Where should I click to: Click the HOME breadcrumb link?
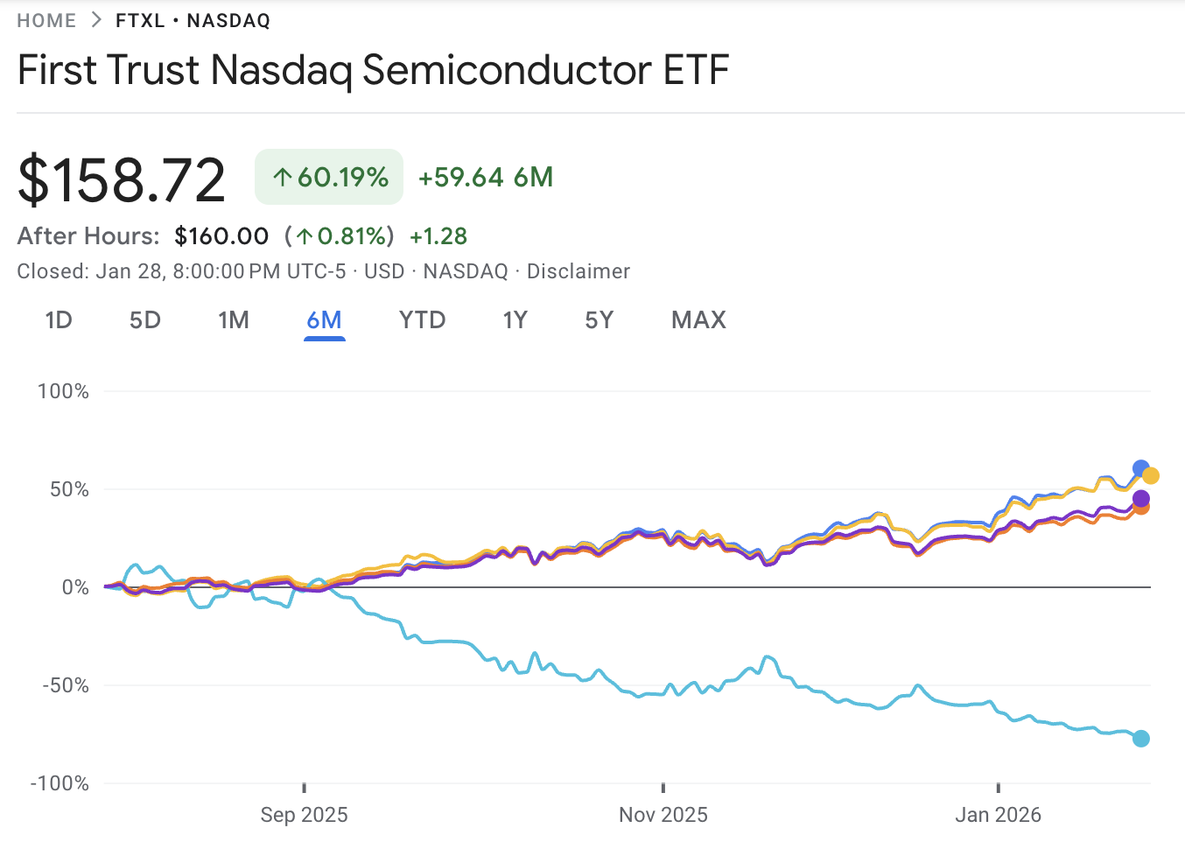coord(46,21)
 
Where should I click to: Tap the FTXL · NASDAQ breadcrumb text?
coord(193,21)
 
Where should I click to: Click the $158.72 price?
coord(122,179)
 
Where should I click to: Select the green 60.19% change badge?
coord(329,177)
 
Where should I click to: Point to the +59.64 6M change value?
coord(486,177)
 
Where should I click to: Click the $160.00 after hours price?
coord(221,236)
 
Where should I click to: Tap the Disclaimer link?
coord(578,271)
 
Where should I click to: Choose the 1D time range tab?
coord(59,320)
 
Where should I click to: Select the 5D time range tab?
coord(145,320)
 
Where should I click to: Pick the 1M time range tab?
coord(234,320)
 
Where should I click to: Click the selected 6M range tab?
coord(324,320)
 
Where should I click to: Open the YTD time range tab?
coord(422,320)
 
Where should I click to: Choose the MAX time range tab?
coord(698,320)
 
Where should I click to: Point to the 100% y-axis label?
coord(63,391)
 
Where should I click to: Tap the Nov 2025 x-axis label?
coord(663,815)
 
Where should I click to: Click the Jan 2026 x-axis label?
coord(998,815)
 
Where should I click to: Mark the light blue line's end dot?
coord(1141,739)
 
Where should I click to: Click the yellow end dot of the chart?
coord(1151,476)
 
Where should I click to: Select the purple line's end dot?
coord(1141,499)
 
